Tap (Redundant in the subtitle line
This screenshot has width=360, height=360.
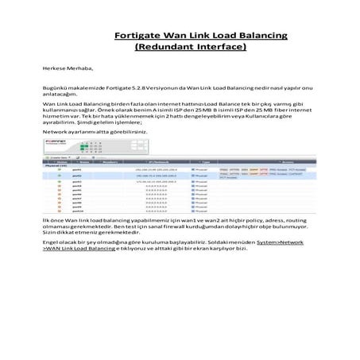165,47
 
